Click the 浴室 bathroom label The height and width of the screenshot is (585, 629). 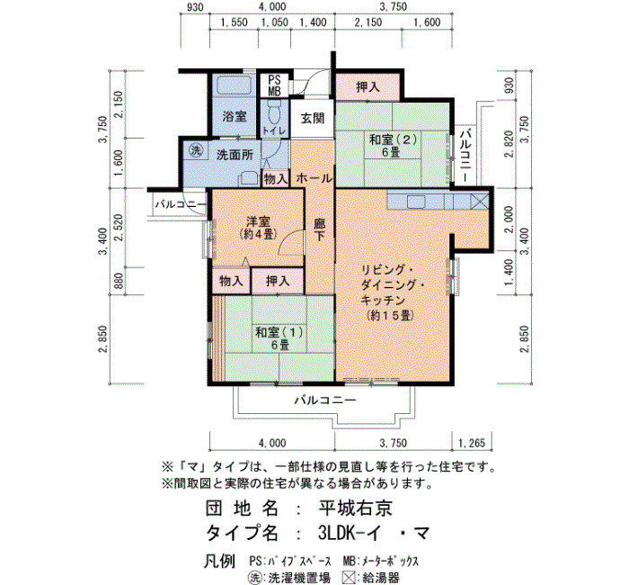pos(235,116)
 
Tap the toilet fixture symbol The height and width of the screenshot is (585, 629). pos(274,112)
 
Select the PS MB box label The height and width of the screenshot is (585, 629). pos(274,85)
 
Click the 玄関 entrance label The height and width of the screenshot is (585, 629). pos(312,118)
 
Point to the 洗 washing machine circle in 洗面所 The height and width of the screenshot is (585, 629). pos(196,150)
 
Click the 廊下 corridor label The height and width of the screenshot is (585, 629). pos(319,229)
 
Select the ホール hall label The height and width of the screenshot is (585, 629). pos(314,178)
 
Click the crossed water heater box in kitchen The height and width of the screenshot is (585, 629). pos(479,201)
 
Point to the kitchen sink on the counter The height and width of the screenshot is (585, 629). pos(416,202)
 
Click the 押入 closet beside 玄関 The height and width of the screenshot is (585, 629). pos(368,86)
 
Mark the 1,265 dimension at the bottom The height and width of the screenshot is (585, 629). pos(472,443)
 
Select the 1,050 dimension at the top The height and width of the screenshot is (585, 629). pos(274,22)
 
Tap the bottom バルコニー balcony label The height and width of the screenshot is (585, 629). pos(325,400)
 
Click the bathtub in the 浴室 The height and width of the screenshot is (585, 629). pos(235,85)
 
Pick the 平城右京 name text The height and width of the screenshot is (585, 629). pos(356,508)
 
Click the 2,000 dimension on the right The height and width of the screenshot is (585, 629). pos(509,220)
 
